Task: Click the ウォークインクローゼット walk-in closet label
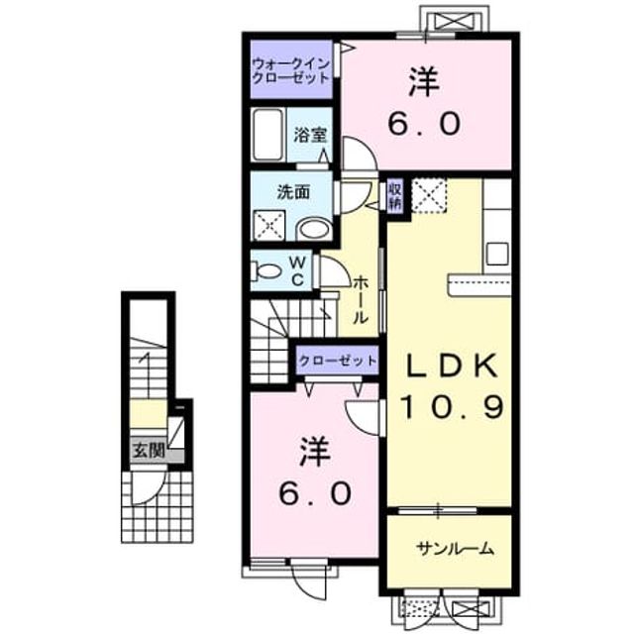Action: [291, 71]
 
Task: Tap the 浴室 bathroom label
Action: [310, 135]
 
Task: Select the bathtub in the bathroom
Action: [267, 135]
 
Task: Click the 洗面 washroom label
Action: [293, 192]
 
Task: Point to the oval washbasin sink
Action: [315, 231]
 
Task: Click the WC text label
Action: [298, 270]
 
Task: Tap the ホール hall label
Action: [361, 300]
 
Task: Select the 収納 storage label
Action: [395, 196]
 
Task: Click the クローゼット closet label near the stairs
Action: [337, 360]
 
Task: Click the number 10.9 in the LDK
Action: [453, 406]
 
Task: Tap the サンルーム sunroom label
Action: [456, 549]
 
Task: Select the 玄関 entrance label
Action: [150, 450]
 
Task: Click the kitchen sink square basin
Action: [497, 254]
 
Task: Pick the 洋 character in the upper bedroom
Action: [424, 82]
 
